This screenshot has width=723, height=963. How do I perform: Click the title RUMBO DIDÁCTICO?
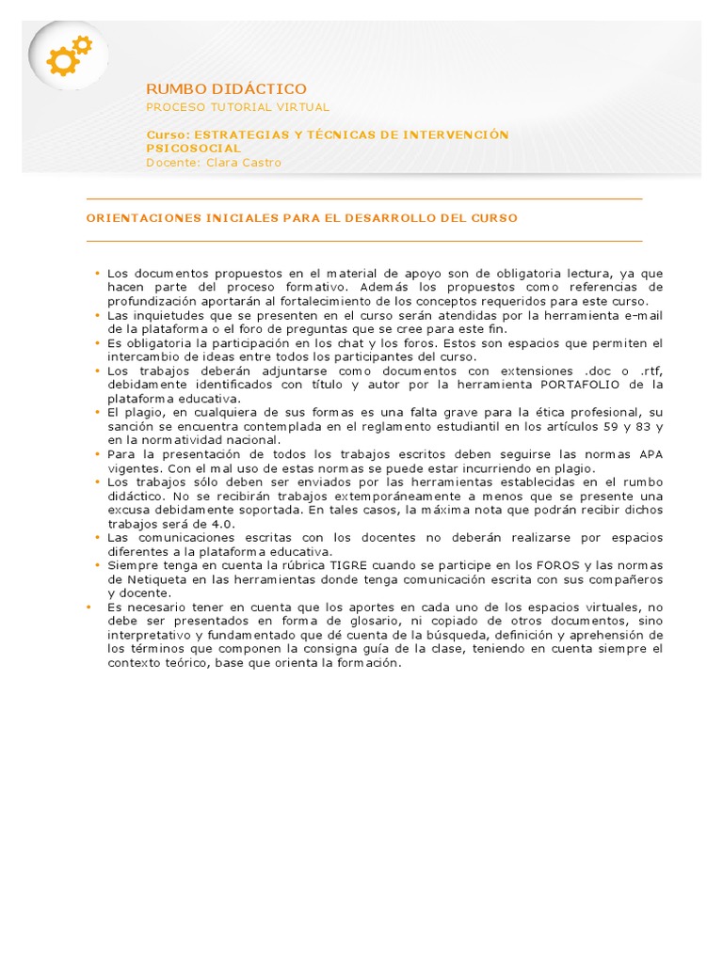226,88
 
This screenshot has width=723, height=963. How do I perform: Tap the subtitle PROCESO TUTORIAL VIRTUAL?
237,107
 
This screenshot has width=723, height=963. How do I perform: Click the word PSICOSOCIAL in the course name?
193,148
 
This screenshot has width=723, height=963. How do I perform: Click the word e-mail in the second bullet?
643,315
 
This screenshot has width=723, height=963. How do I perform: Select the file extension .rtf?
650,371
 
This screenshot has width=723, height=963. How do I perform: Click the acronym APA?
650,454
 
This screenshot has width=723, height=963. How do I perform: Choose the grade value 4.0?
222,523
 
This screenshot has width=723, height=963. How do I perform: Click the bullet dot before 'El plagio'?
97,412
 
